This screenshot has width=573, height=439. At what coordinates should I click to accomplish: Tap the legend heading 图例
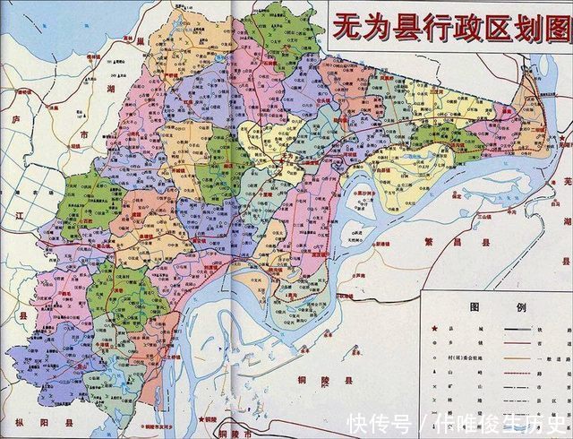(493, 306)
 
